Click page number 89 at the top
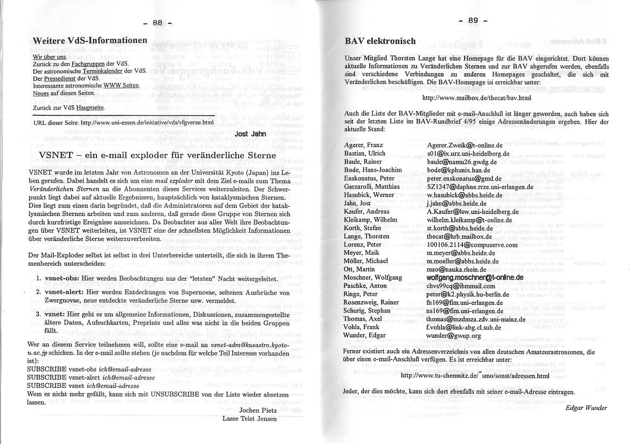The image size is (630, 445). coord(473,20)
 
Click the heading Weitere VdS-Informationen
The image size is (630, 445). coord(89,41)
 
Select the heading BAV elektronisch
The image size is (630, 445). coord(380,41)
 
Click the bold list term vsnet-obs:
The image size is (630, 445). coord(61,279)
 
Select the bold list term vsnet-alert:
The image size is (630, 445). coord(65,292)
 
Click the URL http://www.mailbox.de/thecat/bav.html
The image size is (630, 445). coord(477,98)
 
